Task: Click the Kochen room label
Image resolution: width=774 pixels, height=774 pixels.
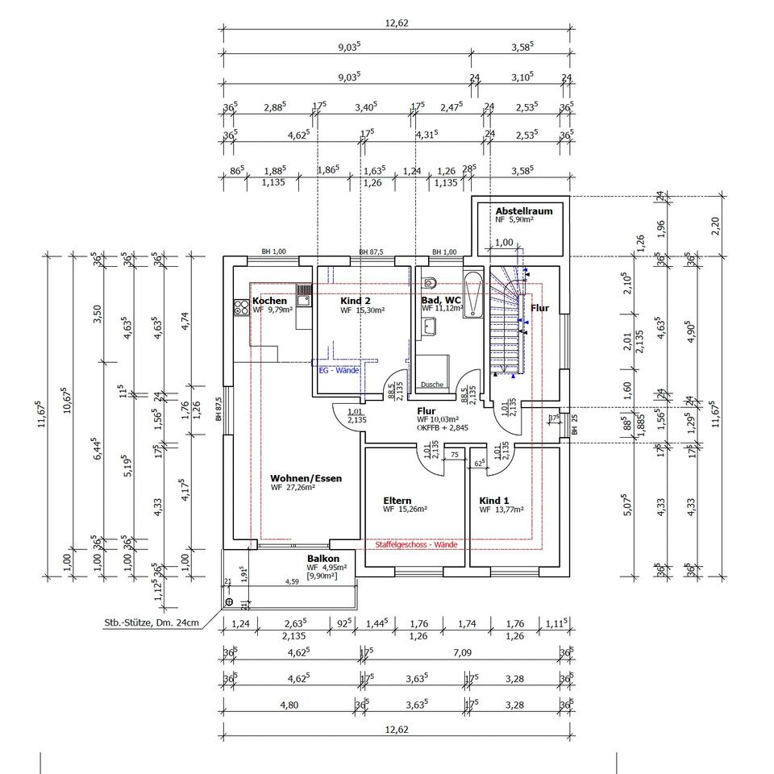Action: pyautogui.click(x=269, y=301)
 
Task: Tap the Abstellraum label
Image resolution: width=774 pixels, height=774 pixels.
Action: pyautogui.click(x=524, y=210)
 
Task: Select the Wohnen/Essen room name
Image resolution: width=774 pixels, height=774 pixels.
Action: pyautogui.click(x=306, y=478)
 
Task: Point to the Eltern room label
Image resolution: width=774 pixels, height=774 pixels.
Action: pyautogui.click(x=397, y=501)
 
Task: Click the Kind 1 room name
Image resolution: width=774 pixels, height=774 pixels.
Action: pyautogui.click(x=494, y=500)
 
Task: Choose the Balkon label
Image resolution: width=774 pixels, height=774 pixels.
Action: pyautogui.click(x=322, y=559)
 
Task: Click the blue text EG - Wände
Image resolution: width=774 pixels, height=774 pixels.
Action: pyautogui.click(x=339, y=370)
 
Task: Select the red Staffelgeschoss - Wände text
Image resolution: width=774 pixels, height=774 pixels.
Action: pyautogui.click(x=416, y=545)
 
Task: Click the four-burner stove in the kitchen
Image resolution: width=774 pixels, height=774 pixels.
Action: pyautogui.click(x=241, y=306)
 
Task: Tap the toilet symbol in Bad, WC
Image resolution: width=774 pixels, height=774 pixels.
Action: pyautogui.click(x=428, y=282)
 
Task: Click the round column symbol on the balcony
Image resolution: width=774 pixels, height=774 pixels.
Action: pyautogui.click(x=230, y=601)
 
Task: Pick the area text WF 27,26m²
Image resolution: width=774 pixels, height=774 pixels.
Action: pyautogui.click(x=293, y=488)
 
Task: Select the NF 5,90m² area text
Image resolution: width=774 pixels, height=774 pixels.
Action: pyautogui.click(x=514, y=219)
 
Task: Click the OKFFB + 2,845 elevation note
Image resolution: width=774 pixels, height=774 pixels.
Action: pyautogui.click(x=441, y=429)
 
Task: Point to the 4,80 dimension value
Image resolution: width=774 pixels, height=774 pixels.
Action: pyautogui.click(x=289, y=705)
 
